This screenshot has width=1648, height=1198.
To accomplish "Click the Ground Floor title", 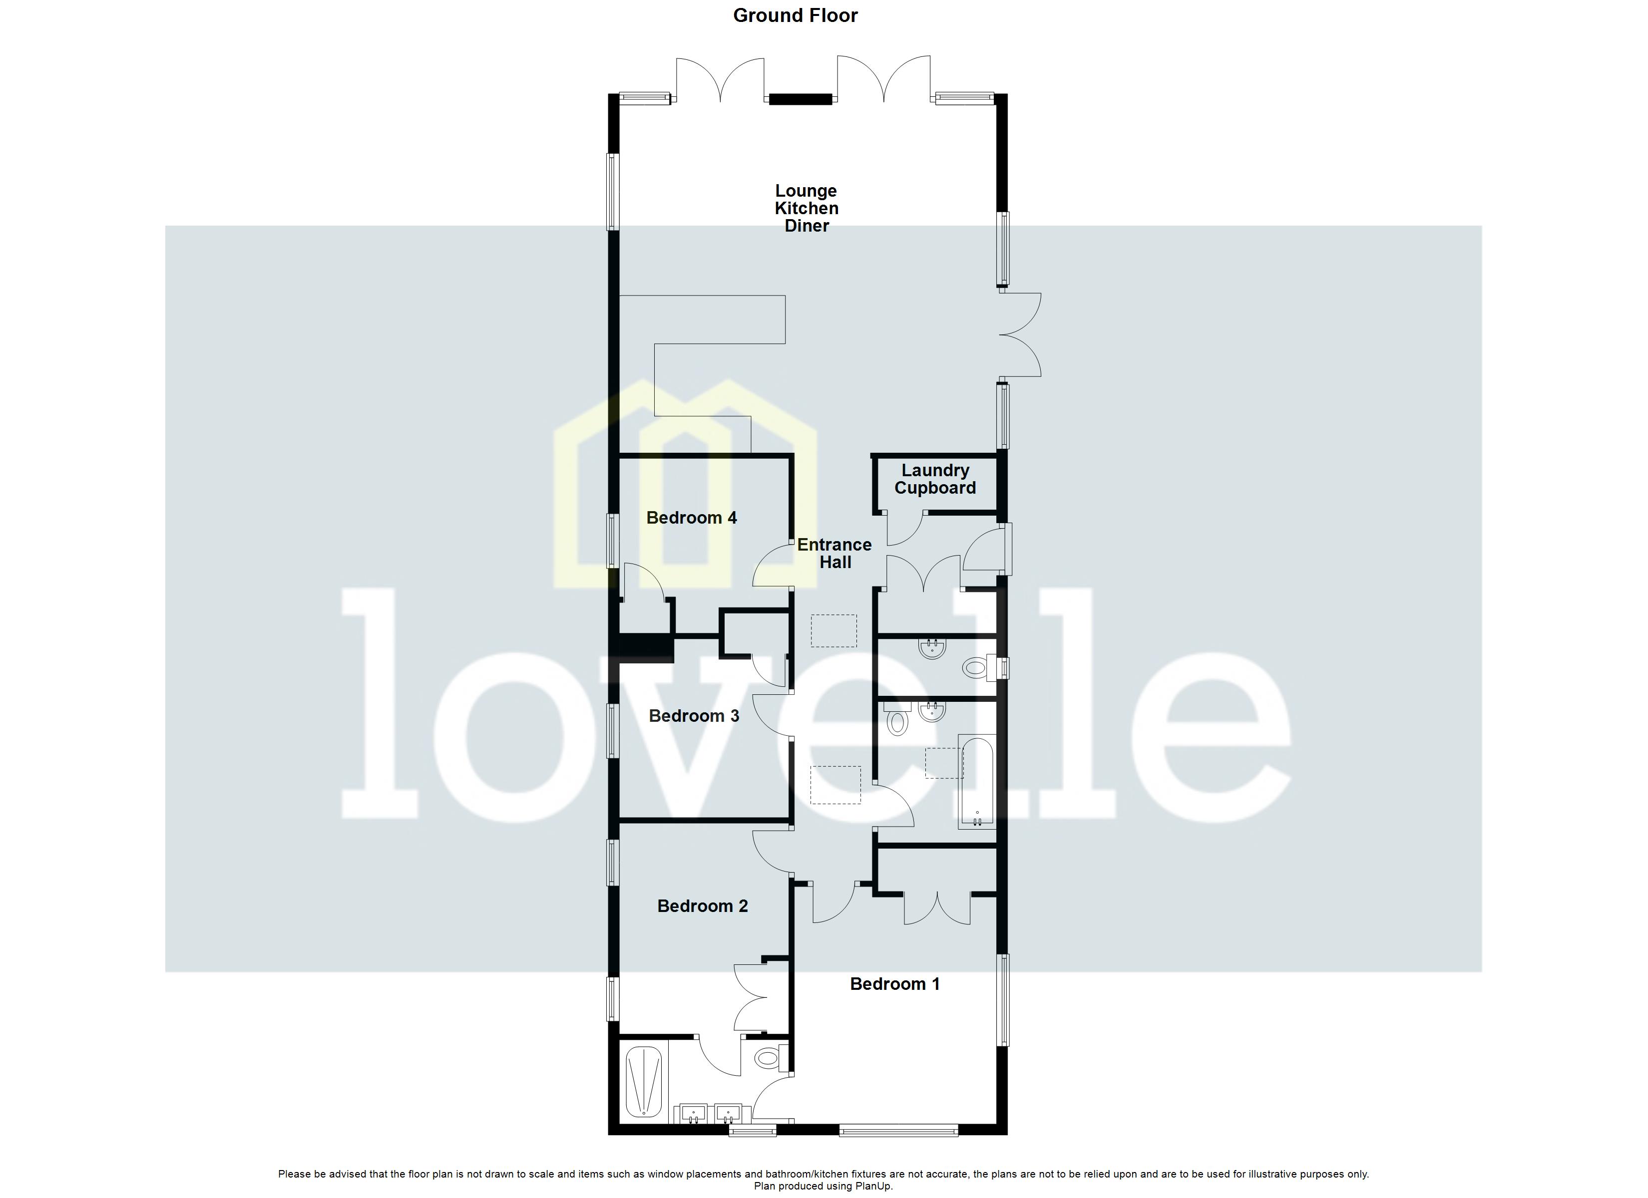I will click(x=795, y=16).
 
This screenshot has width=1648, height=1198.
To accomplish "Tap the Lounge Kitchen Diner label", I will click(x=807, y=209).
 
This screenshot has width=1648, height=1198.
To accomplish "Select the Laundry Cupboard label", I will click(x=935, y=480).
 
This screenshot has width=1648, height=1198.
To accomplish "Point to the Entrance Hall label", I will click(x=834, y=554).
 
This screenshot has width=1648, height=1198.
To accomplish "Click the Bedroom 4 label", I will click(x=691, y=518).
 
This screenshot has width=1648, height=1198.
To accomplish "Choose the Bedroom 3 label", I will click(x=694, y=716).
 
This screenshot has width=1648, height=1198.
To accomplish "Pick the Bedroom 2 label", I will click(x=703, y=906).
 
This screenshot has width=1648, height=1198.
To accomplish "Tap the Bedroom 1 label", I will click(x=894, y=984).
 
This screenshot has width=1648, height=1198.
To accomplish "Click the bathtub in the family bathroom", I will click(x=977, y=781).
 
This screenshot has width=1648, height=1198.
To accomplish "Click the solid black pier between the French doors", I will click(x=801, y=99).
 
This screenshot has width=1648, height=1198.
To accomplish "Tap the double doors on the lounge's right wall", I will click(x=1021, y=335).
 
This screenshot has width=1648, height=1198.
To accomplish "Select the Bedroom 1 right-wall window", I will click(x=1003, y=1000).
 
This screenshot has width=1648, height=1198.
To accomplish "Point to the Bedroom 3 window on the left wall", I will click(x=613, y=731).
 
